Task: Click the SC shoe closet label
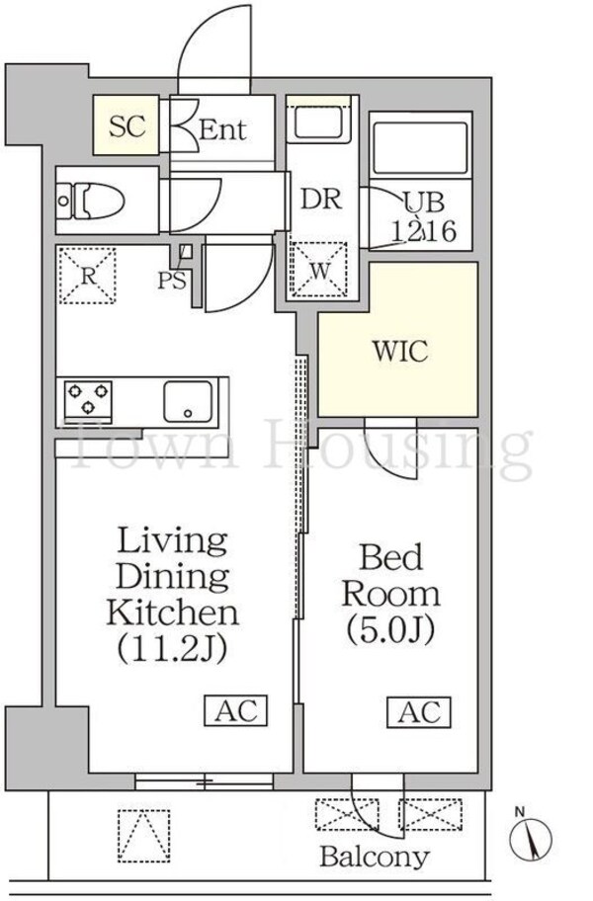coord(127,125)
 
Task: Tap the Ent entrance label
coord(222,129)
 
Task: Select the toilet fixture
coord(91,202)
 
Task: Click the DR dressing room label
coord(321,199)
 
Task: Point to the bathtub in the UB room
coord(420,148)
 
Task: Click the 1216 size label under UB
coord(425,231)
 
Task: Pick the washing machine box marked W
coord(319,270)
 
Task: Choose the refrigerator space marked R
coord(87,276)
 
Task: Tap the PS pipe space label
coord(172,281)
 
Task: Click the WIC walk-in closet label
coord(400,351)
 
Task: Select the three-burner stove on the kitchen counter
coord(88,398)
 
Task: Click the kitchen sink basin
coord(188,401)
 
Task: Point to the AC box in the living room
coord(236,710)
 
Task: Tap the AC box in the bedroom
coord(419,712)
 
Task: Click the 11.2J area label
coord(172,649)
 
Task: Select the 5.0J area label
coord(390,629)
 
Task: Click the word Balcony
coord(375,858)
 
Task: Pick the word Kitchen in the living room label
coord(172,613)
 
